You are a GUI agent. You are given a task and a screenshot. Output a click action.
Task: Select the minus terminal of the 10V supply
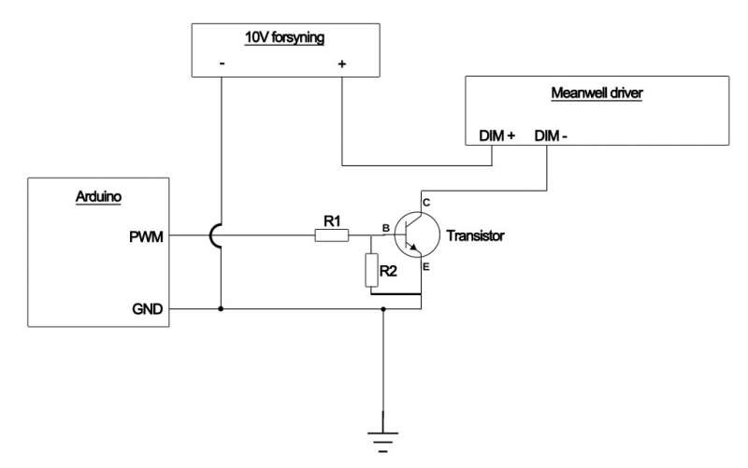click(222, 64)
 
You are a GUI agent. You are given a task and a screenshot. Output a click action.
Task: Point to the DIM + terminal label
click(497, 135)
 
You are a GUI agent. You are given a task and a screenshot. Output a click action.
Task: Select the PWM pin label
click(149, 236)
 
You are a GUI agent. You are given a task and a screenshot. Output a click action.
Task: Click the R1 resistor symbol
click(331, 236)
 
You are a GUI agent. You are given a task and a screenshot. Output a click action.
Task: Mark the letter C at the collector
click(426, 203)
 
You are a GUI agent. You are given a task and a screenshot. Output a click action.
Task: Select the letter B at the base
click(385, 227)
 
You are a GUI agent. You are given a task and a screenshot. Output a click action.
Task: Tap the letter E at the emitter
click(425, 268)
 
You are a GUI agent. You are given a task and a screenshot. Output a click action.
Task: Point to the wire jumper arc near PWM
click(215, 236)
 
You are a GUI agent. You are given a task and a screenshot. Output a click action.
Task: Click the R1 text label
click(331, 220)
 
